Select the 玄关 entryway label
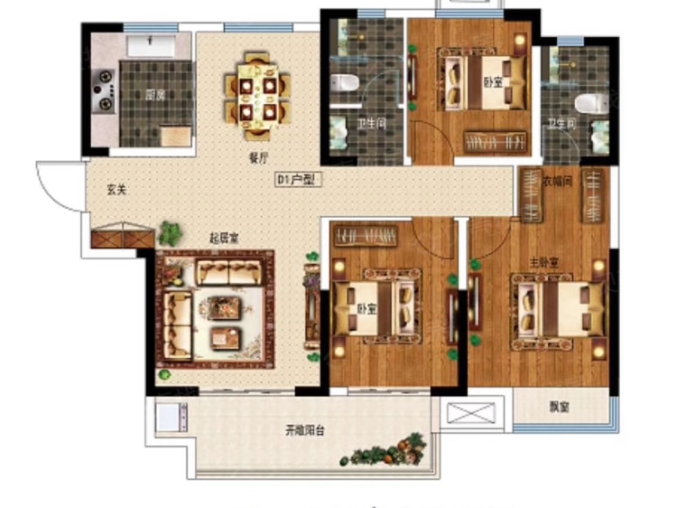pyautogui.click(x=116, y=190)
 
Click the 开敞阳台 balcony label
pyautogui.click(x=300, y=430)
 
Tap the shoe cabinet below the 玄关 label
pyautogui.click(x=120, y=238)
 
